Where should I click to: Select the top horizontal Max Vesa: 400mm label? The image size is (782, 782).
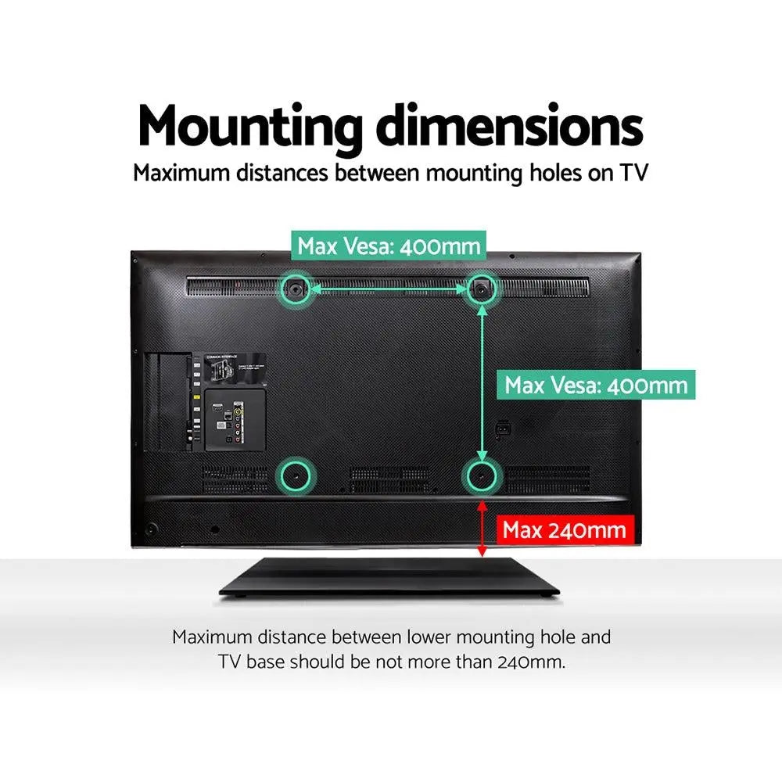(389, 246)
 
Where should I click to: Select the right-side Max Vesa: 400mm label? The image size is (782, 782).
(596, 385)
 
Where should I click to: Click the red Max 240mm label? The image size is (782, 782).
(564, 530)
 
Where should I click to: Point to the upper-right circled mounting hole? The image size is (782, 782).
(481, 289)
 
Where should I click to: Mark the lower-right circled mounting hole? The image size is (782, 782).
(481, 473)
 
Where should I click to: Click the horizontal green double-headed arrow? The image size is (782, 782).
(389, 289)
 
